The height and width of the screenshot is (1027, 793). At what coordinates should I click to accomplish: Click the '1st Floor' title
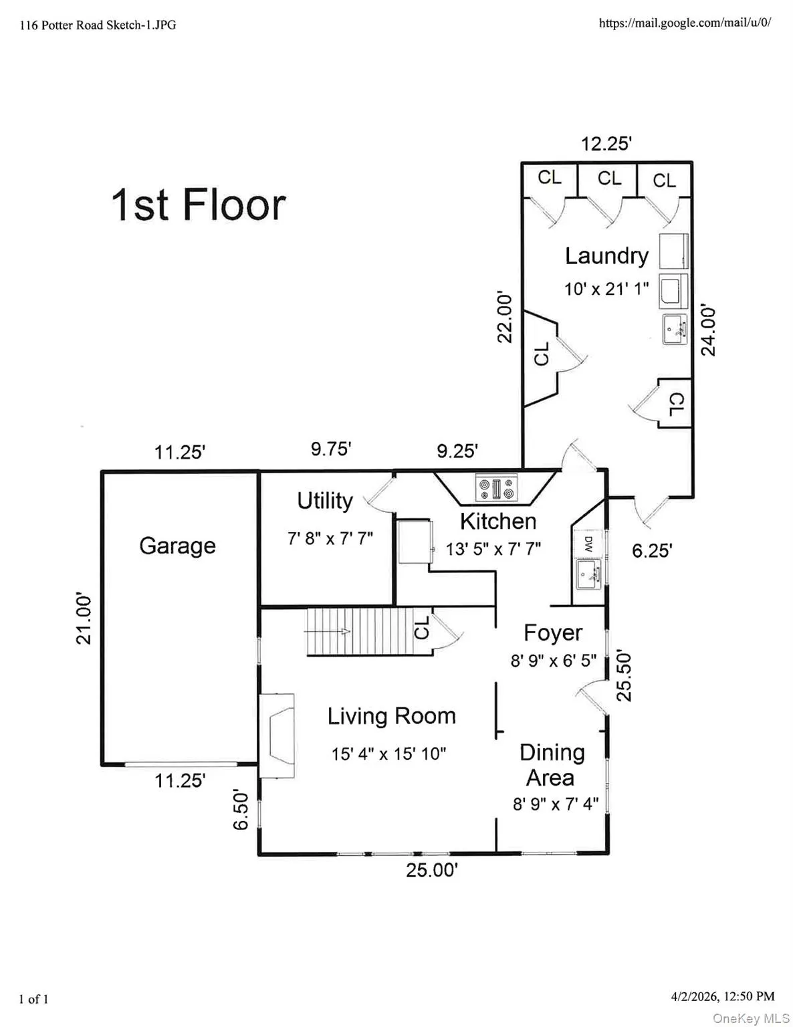pos(199,205)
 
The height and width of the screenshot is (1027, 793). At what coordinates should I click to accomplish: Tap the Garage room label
pos(177,546)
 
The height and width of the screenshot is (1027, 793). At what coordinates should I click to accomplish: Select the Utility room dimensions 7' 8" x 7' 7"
pos(330,538)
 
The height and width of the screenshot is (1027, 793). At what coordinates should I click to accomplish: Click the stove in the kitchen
pos(495,487)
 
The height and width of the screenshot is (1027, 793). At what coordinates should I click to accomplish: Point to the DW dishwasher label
pos(588,542)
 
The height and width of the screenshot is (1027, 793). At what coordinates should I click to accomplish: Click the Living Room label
pos(391,716)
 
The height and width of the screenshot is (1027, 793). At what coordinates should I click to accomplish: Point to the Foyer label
pos(552,633)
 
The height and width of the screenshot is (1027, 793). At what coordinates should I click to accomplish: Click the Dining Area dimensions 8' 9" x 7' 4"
pos(555,804)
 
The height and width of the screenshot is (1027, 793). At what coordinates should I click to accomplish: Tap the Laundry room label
pos(606,255)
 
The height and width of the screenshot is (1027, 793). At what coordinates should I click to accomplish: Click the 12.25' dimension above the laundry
pos(606,144)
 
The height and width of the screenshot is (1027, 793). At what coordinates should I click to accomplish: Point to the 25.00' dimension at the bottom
pos(432,871)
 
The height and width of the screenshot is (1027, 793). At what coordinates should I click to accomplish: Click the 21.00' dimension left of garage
pos(84,618)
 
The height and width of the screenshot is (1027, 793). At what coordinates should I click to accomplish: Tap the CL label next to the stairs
pos(422,629)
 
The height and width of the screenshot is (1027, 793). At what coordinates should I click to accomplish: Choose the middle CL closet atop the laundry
pos(609,179)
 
